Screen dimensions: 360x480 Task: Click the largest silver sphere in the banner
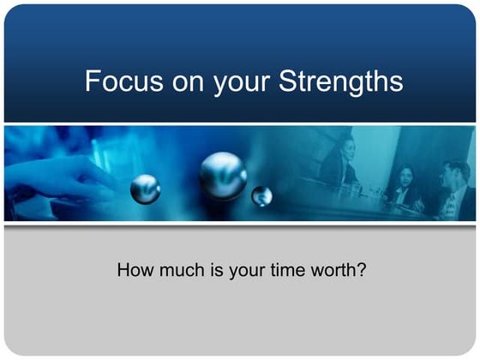pyautogui.click(x=223, y=175)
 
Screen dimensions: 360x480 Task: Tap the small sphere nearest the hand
pyautogui.click(x=145, y=188)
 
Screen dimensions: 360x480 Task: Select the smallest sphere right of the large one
pyautogui.click(x=262, y=197)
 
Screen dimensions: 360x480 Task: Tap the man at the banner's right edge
pyautogui.click(x=453, y=189)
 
